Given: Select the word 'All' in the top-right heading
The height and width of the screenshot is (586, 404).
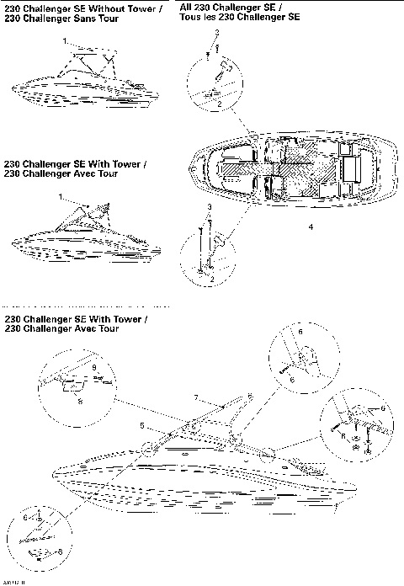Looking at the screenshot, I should (x=186, y=6).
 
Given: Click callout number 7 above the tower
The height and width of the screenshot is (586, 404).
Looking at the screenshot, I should (x=195, y=397).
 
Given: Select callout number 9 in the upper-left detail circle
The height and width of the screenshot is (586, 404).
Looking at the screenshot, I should (x=95, y=369).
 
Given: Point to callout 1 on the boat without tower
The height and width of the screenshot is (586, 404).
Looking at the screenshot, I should (x=63, y=40).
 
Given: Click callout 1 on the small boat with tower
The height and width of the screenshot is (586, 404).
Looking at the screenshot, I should (x=62, y=195).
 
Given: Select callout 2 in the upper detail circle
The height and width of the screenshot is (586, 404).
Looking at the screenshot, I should (x=219, y=103).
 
